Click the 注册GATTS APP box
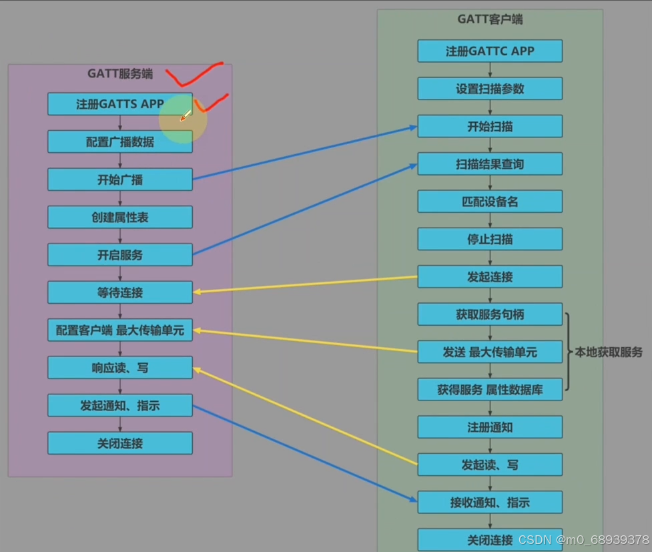coord(120,104)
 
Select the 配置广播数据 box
coord(120,142)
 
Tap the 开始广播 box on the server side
coord(120,180)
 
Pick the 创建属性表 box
coord(120,218)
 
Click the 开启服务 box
coord(120,255)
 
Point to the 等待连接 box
coord(120,292)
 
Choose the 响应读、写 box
coord(120,367)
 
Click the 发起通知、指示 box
coord(120,405)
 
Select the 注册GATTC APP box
coord(490,51)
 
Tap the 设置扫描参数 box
coord(490,89)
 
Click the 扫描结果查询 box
coord(490,164)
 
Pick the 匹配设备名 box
coord(490,202)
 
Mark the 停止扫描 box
coord(490,239)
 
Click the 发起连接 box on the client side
coord(490,276)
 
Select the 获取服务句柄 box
coord(490,314)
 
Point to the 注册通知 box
coord(490,427)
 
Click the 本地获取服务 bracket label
coord(609,352)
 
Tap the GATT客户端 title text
coord(490,19)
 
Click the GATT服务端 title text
coord(120,74)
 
